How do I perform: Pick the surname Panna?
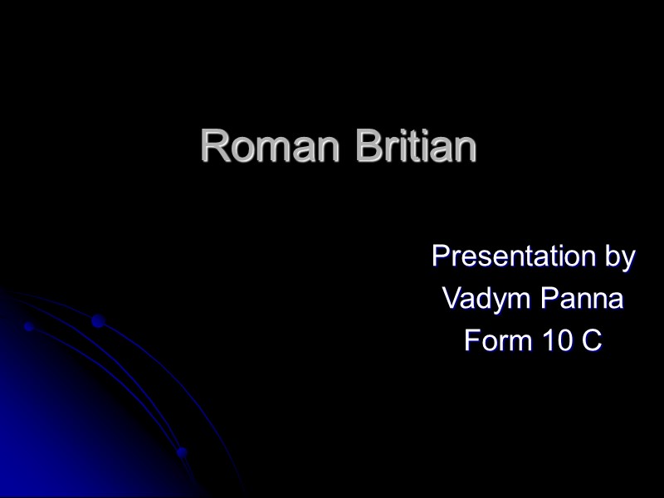click(582, 299)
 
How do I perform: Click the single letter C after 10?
click(592, 340)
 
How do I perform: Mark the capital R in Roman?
click(215, 147)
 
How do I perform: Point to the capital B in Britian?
click(369, 147)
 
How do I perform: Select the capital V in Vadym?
click(450, 299)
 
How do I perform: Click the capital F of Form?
click(471, 340)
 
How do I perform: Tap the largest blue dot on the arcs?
click(98, 321)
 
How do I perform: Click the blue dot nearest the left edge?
click(27, 327)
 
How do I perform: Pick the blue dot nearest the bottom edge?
click(182, 452)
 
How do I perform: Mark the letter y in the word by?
click(627, 260)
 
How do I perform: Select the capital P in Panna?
click(549, 299)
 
